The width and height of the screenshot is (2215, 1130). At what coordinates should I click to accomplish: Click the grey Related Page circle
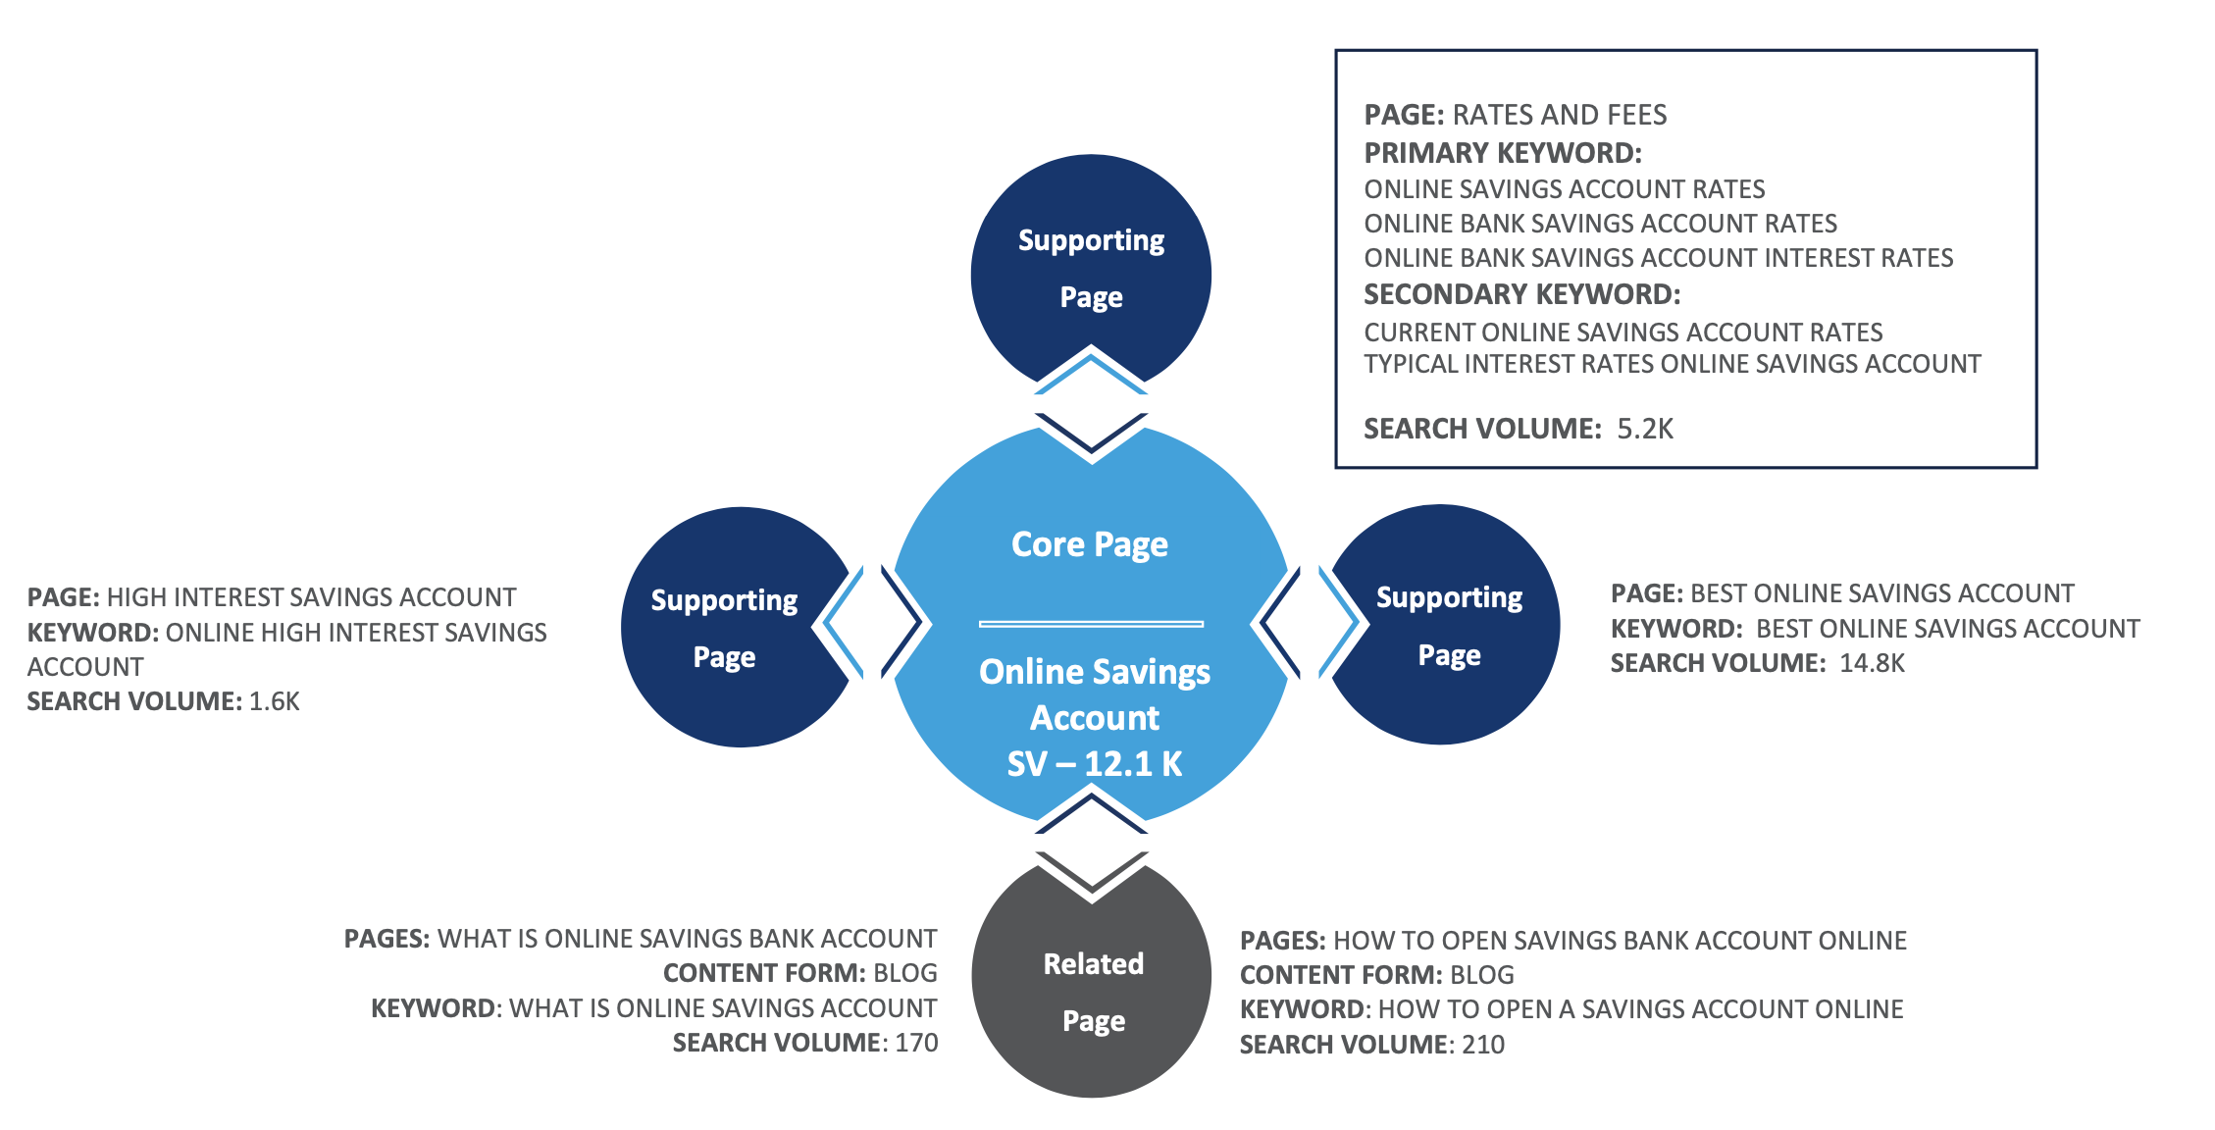[x=1092, y=991]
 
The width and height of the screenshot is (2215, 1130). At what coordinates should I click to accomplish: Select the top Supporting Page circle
[x=1091, y=267]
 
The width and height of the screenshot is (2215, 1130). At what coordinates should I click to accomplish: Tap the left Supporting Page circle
[x=726, y=628]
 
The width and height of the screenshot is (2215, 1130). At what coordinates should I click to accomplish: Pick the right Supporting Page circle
[x=1449, y=625]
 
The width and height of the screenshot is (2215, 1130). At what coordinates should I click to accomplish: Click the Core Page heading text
[x=1090, y=544]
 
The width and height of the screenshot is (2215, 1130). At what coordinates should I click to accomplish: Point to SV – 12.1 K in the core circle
[x=1095, y=764]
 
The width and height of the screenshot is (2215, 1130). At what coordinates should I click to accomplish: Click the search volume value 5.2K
[x=1645, y=429]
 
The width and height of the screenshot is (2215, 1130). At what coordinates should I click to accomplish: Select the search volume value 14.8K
[x=1872, y=663]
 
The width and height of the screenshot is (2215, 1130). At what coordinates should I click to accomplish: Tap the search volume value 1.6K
[x=275, y=701]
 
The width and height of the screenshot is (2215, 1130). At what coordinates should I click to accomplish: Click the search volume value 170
[x=916, y=1043]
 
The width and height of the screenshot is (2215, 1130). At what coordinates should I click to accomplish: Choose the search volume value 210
[x=1483, y=1045]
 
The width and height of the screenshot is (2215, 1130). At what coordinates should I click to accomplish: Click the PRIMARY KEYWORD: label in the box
[x=1503, y=153]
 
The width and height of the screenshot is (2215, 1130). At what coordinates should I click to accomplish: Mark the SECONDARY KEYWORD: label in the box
[x=1522, y=294]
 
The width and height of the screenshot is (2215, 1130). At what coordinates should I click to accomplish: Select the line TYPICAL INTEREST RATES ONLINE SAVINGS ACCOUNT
[x=1673, y=364]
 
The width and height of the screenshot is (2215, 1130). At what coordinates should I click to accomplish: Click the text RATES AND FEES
[x=1560, y=115]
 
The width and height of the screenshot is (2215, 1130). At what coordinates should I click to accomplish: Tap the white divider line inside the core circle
[x=1091, y=624]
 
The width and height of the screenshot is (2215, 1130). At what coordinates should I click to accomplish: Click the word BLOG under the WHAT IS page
[x=905, y=973]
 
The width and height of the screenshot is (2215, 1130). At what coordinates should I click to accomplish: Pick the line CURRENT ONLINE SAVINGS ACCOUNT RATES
[x=1623, y=333]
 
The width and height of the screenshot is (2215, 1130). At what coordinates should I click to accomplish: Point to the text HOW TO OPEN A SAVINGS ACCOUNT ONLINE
[x=1640, y=1009]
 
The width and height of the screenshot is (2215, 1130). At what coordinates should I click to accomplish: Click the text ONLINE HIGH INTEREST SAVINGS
[x=356, y=633]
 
